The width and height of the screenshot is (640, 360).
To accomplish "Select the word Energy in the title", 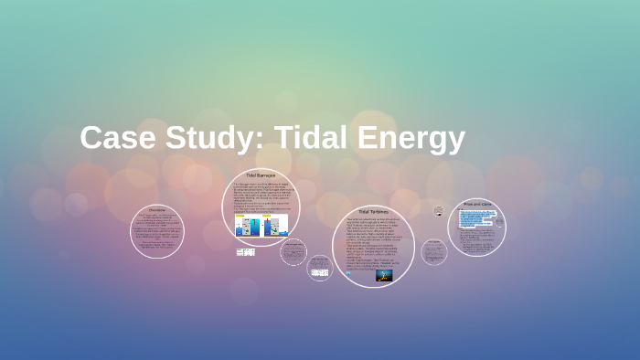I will pos(411,138).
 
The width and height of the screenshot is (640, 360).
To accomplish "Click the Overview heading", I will pos(157,209).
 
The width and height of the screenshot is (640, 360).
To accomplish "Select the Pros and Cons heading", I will pos(478,205).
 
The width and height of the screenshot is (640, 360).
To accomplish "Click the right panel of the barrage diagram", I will pos(275,224).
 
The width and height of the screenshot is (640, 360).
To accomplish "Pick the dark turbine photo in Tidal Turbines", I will pos(384,274).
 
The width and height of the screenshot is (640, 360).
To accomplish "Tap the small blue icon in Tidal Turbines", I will pos(348,273).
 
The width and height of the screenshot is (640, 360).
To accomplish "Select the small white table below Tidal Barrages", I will pos(245,252).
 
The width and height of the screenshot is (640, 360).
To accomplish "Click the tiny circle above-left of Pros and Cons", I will pos(439,211).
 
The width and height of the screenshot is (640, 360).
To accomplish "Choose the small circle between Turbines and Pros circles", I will pos(433,251).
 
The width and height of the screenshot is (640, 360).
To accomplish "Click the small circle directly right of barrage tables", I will pos(293,251).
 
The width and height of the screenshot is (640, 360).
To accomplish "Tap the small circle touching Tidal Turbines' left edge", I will pos(319,268).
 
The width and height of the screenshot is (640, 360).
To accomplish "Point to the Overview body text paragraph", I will pos(156,233).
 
